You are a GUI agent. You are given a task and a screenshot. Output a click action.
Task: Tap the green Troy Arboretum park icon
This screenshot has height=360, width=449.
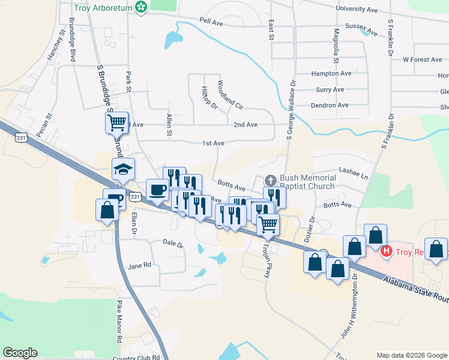tap(141, 8)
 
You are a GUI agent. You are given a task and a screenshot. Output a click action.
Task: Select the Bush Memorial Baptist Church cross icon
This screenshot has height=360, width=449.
tap(270, 180)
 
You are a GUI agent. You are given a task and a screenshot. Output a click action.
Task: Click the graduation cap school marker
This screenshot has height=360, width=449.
tap(123, 170)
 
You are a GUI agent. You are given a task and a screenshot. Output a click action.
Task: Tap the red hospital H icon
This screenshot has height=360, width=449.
tap(387, 250)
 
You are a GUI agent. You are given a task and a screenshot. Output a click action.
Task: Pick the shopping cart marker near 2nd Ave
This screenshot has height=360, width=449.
tap(117, 123)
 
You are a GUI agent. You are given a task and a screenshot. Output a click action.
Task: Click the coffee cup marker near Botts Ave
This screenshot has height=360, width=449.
tap(158, 190)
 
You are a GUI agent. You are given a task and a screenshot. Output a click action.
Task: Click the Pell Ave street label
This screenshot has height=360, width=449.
tap(211, 22)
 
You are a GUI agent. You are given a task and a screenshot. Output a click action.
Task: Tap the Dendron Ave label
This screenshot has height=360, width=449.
tap(330, 105)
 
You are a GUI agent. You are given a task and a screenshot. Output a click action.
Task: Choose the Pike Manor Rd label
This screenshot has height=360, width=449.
tap(120, 329)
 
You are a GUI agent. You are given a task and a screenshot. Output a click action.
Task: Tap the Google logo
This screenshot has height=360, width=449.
tap(20, 353)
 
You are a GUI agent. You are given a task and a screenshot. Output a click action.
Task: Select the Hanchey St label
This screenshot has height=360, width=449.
tap(55, 46)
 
